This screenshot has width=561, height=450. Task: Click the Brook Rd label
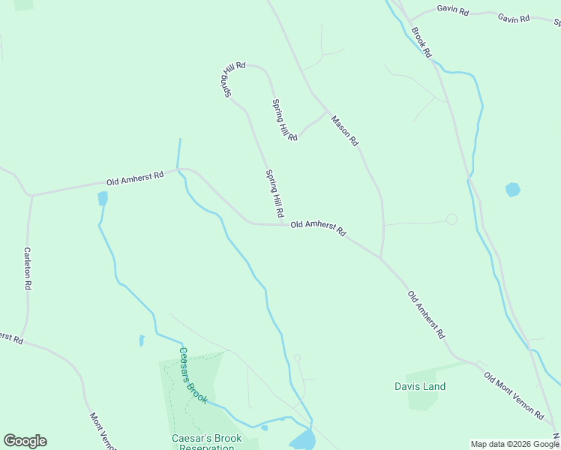tap(421, 43)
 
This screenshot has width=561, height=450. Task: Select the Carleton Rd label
tap(27, 268)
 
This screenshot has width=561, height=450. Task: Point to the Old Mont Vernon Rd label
tap(513, 394)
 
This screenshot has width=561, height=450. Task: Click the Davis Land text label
tap(420, 387)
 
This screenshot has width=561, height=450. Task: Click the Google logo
tap(25, 441)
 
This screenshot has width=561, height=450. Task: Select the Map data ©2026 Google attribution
tap(514, 444)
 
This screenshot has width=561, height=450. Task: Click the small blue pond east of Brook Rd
tap(513, 189)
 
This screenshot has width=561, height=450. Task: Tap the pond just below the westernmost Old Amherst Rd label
tap(103, 198)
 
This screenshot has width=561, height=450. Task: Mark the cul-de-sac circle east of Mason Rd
tap(451, 219)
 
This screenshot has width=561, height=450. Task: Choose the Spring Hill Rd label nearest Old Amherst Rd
tap(274, 193)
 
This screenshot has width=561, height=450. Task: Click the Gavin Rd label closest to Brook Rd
tap(452, 12)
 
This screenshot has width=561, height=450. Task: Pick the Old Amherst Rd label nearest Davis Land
tap(426, 313)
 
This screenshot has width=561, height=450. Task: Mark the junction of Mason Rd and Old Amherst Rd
tap(381, 259)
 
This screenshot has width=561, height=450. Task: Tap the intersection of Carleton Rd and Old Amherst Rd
tap(31, 195)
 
